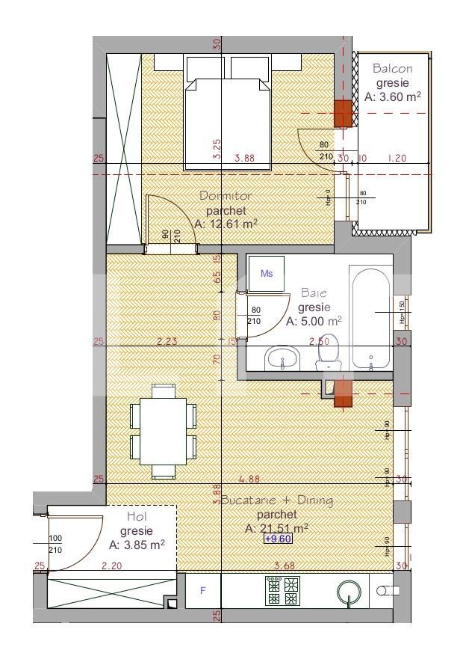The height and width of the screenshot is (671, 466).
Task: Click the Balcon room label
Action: (x=392, y=68)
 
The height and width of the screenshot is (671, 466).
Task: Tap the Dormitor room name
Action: (x=226, y=196)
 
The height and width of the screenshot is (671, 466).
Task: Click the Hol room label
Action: (x=137, y=517)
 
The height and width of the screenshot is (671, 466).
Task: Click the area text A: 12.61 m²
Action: (x=226, y=224)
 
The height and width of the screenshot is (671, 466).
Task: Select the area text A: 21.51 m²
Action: (x=276, y=528)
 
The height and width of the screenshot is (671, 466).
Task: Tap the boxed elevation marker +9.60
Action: (x=277, y=539)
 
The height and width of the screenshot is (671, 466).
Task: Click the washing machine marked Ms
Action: (x=267, y=274)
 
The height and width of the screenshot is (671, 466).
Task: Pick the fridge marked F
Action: (x=202, y=591)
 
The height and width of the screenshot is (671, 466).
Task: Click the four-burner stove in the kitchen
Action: (x=283, y=591)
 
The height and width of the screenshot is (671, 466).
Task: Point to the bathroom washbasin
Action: (x=282, y=358)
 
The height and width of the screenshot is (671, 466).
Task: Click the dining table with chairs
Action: (x=164, y=431)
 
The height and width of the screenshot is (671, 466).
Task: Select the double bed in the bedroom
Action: (x=227, y=112)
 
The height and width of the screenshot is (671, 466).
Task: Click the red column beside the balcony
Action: (x=343, y=114)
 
